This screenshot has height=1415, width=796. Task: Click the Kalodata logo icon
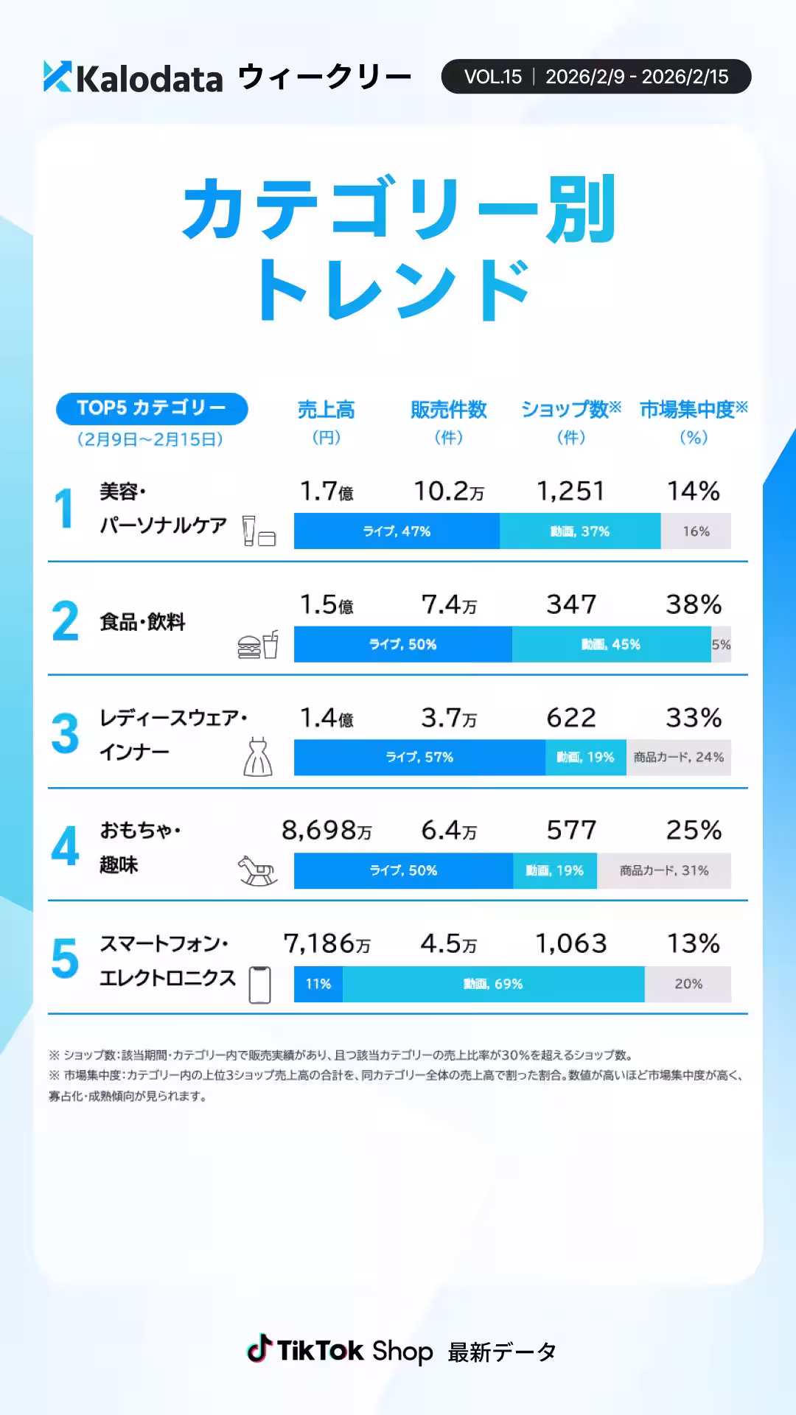pyautogui.click(x=57, y=77)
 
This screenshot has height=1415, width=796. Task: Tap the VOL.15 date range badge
pyautogui.click(x=596, y=77)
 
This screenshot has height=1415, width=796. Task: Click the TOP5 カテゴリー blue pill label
pyautogui.click(x=152, y=408)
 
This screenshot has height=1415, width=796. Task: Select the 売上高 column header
pyautogui.click(x=326, y=410)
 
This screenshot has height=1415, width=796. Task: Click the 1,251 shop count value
pyautogui.click(x=570, y=491)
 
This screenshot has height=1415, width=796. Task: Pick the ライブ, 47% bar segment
pyautogui.click(x=397, y=531)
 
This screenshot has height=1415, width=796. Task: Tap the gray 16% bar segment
pyautogui.click(x=696, y=531)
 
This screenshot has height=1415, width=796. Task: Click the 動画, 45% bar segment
pyautogui.click(x=611, y=644)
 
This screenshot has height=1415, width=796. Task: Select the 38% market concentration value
pyautogui.click(x=694, y=604)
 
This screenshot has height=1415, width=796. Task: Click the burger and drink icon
pyautogui.click(x=258, y=645)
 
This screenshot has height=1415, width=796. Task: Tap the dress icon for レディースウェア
pyautogui.click(x=258, y=757)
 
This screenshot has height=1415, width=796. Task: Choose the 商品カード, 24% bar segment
pyautogui.click(x=678, y=757)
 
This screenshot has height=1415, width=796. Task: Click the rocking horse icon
pyautogui.click(x=257, y=870)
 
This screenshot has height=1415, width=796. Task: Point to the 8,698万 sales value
pyautogui.click(x=327, y=831)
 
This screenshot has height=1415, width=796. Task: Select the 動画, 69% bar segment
pyautogui.click(x=493, y=984)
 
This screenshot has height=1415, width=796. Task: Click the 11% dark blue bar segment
pyautogui.click(x=318, y=984)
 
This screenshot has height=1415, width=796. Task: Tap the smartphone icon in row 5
pyautogui.click(x=259, y=985)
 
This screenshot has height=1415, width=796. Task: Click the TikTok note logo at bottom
pyautogui.click(x=259, y=1349)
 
